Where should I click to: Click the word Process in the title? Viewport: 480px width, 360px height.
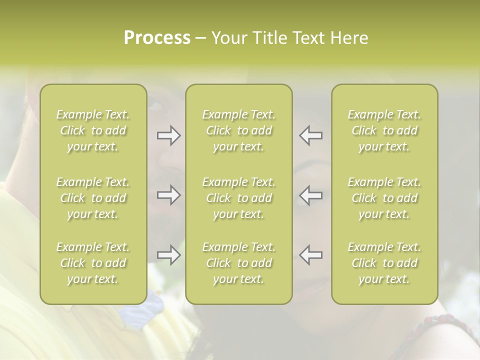(x=157, y=38)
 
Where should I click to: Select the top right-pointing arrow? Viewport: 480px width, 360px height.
(x=168, y=135)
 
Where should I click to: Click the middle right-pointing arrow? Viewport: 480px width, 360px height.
(x=168, y=195)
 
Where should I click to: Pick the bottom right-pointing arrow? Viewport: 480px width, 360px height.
(x=168, y=255)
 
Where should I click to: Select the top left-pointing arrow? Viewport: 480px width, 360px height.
(x=310, y=135)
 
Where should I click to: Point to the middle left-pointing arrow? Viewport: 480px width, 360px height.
(x=310, y=195)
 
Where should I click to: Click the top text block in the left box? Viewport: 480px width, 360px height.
(x=93, y=130)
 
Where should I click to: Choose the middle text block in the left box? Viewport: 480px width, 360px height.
(x=93, y=198)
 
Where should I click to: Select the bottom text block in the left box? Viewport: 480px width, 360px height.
(x=93, y=263)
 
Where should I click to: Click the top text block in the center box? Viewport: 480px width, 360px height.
(x=238, y=130)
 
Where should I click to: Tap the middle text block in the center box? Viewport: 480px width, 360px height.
(x=238, y=198)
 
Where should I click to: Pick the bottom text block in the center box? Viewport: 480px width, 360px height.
(x=238, y=263)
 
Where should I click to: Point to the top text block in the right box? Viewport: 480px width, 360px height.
(x=384, y=130)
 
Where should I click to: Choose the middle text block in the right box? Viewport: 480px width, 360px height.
(x=384, y=198)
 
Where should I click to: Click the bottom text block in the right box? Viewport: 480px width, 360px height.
(x=384, y=263)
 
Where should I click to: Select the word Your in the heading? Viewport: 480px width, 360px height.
(x=229, y=38)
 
